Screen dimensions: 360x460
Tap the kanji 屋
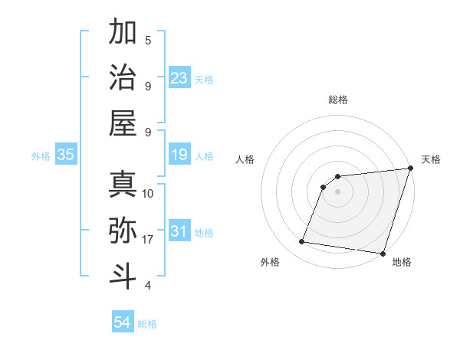pos(123,123)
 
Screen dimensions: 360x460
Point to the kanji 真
pos(123,184)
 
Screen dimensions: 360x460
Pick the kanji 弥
pos(123,230)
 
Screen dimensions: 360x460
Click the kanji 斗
pos(123,275)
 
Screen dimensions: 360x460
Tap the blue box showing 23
pos(179,77)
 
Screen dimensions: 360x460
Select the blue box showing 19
pos(179,155)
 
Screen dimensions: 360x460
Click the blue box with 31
pos(179,231)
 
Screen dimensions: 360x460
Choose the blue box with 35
pos(66,155)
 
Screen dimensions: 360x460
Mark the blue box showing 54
pos(123,322)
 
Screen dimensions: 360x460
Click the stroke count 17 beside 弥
pos(148,240)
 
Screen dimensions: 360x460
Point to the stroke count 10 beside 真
pos(148,194)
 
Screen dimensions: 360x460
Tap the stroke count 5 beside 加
pos(148,41)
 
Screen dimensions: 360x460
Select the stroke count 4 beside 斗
pos(148,286)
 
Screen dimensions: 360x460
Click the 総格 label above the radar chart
pos(338,100)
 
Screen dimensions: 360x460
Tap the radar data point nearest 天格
pos(410,169)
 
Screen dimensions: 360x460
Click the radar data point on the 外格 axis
pos(302,242)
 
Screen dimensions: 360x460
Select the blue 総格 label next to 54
pos(147,324)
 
